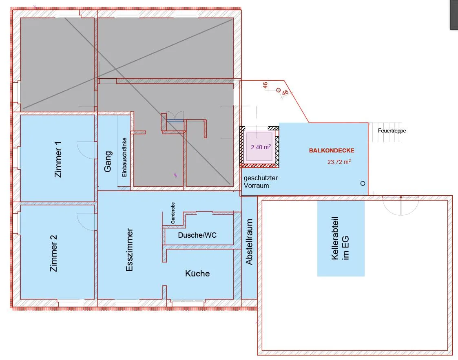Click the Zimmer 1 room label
coord(58,159)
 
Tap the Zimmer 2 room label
coord(54,253)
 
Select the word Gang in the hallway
coord(108,161)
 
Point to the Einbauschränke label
coord(124,157)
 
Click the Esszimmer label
coord(129,250)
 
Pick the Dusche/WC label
coord(197,235)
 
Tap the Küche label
coord(197,274)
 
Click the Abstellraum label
coord(249,242)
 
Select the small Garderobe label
coord(173,213)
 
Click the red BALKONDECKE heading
coord(332,151)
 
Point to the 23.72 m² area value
coord(339,162)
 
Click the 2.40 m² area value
coord(261,147)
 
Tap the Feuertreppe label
coord(392,130)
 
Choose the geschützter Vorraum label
coord(261,181)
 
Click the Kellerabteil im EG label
coord(340,238)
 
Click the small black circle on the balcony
coord(363,183)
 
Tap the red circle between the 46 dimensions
coord(279,90)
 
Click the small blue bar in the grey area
coord(175,120)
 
